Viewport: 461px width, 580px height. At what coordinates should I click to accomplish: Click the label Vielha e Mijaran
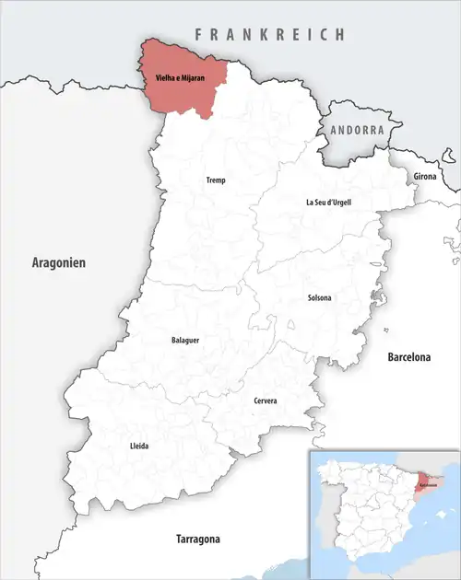pyautogui.click(x=184, y=78)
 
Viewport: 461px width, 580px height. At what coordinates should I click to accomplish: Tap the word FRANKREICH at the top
pyautogui.click(x=269, y=34)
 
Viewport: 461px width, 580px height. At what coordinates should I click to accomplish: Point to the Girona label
pyautogui.click(x=425, y=175)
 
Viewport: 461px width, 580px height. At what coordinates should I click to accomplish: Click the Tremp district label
pyautogui.click(x=215, y=180)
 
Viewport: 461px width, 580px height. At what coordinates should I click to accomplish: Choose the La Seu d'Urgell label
pyautogui.click(x=329, y=202)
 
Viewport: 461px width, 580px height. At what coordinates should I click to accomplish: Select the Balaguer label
pyautogui.click(x=185, y=340)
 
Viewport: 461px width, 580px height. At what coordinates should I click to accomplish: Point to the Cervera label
pyautogui.click(x=266, y=401)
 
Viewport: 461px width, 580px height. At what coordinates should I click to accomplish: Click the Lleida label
pyautogui.click(x=139, y=447)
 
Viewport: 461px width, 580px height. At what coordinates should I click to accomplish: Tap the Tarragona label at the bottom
pyautogui.click(x=204, y=538)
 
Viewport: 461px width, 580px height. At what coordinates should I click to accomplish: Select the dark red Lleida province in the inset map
pyautogui.click(x=425, y=473)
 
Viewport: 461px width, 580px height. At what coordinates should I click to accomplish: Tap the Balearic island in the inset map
pyautogui.click(x=440, y=516)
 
